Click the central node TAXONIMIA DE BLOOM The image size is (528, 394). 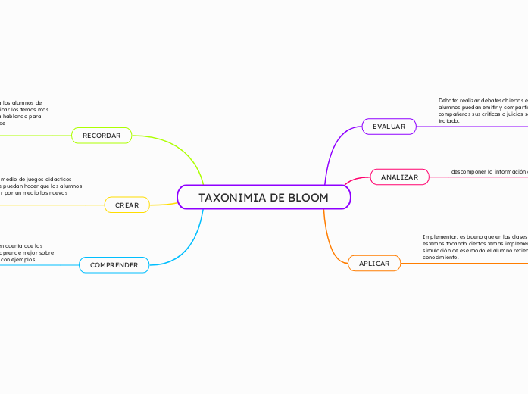pyautogui.click(x=264, y=198)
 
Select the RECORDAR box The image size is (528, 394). pyautogui.click(x=102, y=136)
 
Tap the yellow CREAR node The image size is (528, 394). pyautogui.click(x=127, y=205)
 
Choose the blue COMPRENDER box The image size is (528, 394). pyautogui.click(x=114, y=265)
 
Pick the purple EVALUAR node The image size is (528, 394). pyautogui.click(x=389, y=127)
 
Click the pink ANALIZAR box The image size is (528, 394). pyautogui.click(x=399, y=177)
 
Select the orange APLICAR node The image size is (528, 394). pyautogui.click(x=373, y=264)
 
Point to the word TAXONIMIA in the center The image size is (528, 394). pyautogui.click(x=231, y=198)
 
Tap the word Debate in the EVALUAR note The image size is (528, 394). pyautogui.click(x=448, y=100)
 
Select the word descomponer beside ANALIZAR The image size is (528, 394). pyautogui.click(x=467, y=172)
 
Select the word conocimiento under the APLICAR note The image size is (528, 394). pyautogui.click(x=441, y=258)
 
